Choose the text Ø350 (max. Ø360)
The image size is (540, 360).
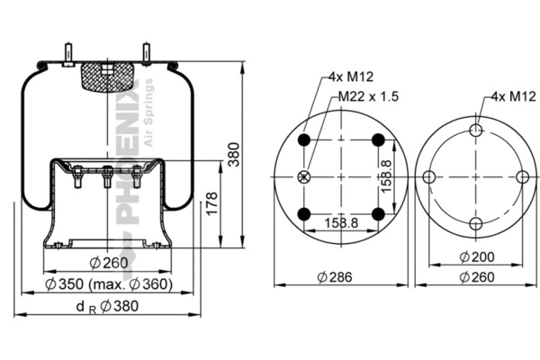pos(108,285)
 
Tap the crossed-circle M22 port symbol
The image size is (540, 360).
pos(304,175)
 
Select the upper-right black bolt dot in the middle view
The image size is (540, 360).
pos(378,139)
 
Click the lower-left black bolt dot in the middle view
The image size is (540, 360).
pos(304,213)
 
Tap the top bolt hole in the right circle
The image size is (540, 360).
pos(476,130)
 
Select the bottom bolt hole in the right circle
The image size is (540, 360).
pos(476,223)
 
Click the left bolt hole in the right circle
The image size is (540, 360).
pos(429,176)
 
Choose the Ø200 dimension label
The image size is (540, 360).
pos(474,257)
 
